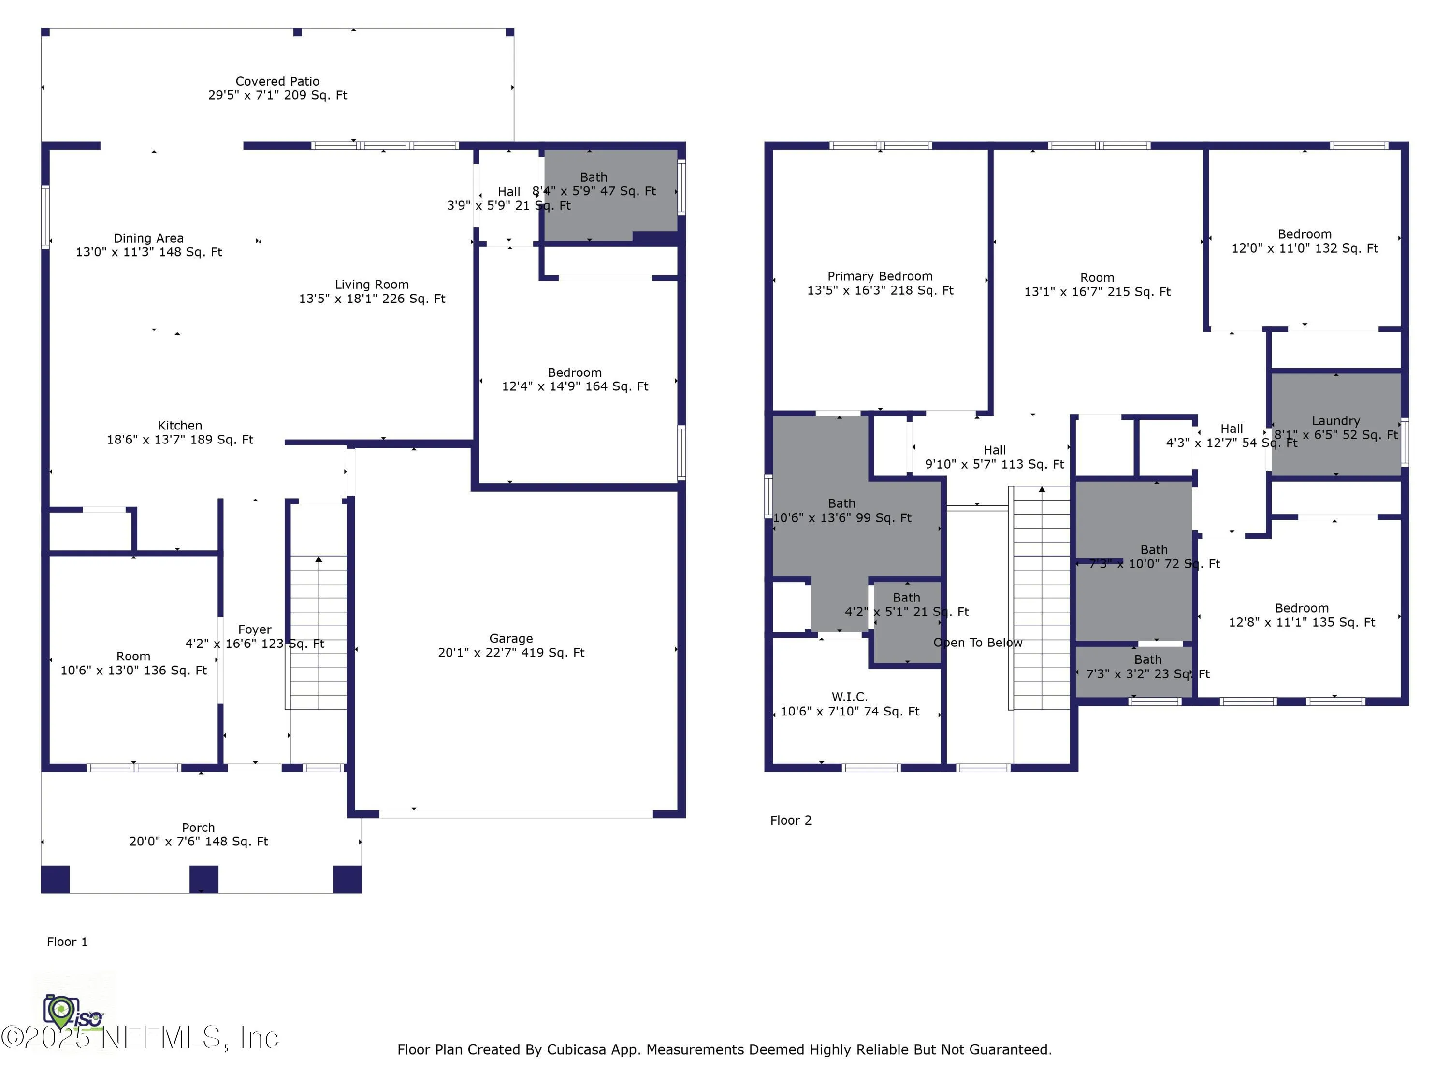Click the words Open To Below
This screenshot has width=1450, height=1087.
[977, 642]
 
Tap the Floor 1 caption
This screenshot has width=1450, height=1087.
[67, 942]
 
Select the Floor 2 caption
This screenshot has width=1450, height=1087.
[791, 820]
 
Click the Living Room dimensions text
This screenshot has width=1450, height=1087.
[372, 299]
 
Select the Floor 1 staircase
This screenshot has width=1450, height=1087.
[318, 632]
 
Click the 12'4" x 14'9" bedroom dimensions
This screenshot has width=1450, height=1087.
[575, 386]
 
